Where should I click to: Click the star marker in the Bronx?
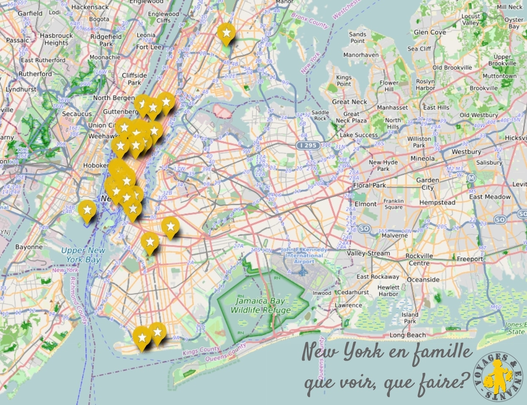227,32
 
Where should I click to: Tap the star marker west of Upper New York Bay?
87,209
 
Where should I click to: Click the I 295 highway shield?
307,146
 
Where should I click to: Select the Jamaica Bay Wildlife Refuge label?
260,306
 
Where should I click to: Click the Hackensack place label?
90,7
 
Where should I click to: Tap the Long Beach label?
407,335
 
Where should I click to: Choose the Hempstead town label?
437,203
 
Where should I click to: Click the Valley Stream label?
368,253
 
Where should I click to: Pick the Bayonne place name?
29,247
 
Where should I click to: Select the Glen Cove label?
430,32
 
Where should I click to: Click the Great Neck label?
350,102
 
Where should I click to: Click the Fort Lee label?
149,47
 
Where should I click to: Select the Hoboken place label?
96,165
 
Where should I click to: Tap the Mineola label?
422,158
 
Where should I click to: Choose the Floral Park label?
369,185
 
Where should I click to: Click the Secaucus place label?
76,114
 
